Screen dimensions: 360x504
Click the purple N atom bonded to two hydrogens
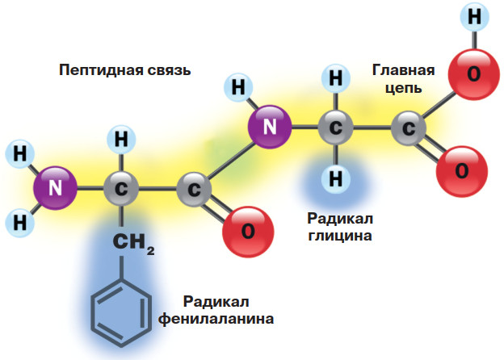(x=55, y=189)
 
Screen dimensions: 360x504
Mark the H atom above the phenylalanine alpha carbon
(x=121, y=140)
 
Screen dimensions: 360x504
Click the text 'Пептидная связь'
(x=124, y=70)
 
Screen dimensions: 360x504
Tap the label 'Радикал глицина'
(x=339, y=227)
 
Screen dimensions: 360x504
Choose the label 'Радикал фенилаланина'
(x=228, y=310)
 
